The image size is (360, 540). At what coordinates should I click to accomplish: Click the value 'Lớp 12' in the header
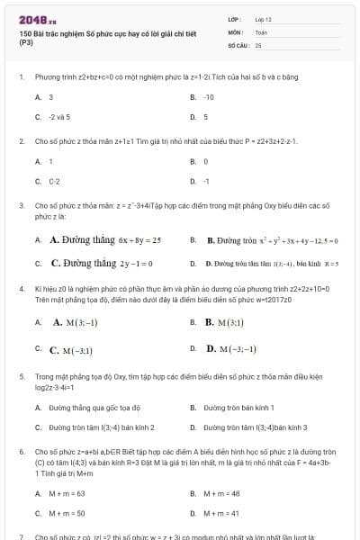click(x=264, y=18)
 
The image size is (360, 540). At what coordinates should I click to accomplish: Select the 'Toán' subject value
click(x=261, y=31)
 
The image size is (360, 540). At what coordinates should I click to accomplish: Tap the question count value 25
click(x=258, y=44)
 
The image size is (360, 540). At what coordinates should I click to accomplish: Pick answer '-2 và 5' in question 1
click(x=59, y=116)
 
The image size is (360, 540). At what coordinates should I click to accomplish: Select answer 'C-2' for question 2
click(x=55, y=181)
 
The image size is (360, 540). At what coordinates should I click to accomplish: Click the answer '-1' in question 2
click(x=206, y=181)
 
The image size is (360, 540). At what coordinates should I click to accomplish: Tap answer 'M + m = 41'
click(x=221, y=512)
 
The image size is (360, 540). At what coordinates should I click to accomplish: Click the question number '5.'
click(x=20, y=377)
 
